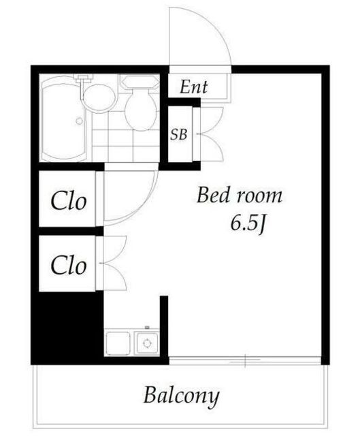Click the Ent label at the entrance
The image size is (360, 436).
point(194,87)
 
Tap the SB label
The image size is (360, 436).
point(178,135)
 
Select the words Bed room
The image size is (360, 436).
point(240,196)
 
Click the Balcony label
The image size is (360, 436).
point(181,396)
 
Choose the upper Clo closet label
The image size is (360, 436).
point(68,200)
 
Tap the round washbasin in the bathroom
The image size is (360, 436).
point(99,98)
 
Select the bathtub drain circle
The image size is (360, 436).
point(80,121)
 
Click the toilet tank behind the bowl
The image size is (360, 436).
point(140,82)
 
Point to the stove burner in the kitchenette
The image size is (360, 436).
point(147,343)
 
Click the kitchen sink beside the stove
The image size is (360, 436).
point(118,343)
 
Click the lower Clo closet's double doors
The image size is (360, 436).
point(114,263)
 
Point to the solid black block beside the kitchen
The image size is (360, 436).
point(67,328)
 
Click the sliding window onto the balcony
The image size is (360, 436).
point(245,360)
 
